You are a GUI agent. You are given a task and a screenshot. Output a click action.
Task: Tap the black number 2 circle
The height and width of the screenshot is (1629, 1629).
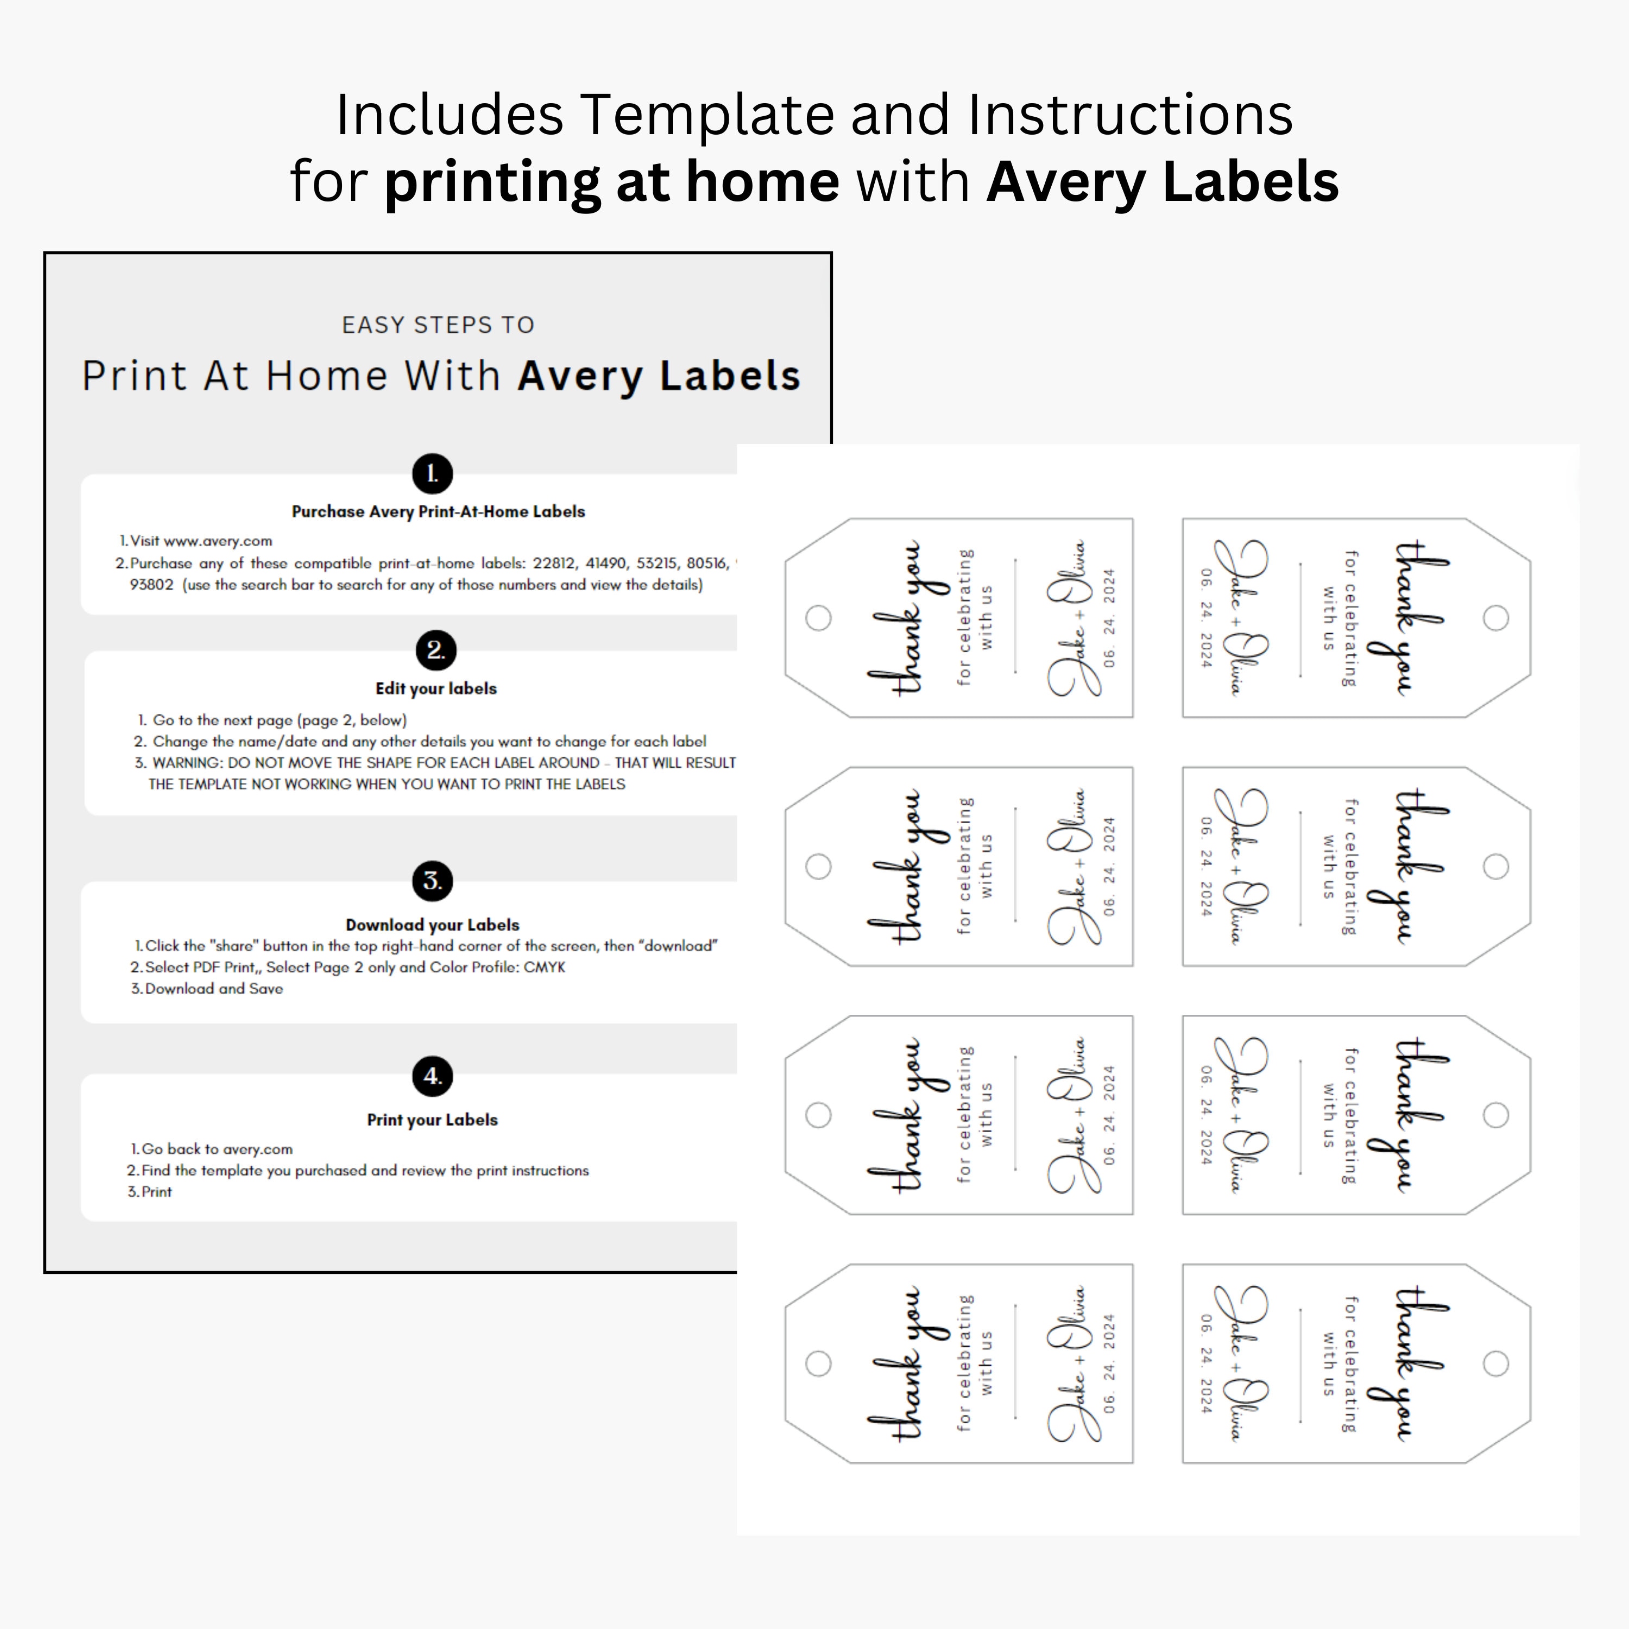(435, 650)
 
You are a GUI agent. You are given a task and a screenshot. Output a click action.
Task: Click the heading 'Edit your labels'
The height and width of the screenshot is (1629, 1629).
(436, 689)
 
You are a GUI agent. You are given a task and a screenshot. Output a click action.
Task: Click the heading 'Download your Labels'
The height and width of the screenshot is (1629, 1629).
(433, 925)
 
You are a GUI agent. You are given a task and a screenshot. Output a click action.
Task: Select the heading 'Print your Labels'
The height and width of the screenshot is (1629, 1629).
(433, 1120)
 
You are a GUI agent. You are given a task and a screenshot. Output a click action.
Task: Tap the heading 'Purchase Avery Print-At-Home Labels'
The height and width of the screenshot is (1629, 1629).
(438, 512)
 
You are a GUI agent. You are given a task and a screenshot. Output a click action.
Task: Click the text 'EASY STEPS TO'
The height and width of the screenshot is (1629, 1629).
(438, 325)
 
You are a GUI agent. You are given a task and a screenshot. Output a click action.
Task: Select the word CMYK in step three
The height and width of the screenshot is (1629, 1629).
(544, 967)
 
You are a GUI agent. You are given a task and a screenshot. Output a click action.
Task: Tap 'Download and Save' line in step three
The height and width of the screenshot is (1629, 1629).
(214, 989)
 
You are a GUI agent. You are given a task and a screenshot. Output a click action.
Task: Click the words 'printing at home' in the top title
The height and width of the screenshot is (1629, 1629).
(612, 182)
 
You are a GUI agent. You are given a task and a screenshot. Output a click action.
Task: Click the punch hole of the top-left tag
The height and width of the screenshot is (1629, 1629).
(818, 618)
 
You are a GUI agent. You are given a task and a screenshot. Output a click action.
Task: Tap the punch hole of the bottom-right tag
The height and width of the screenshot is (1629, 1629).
(1496, 1363)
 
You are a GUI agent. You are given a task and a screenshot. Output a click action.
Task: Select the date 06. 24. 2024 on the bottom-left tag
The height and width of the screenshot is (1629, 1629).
(1109, 1363)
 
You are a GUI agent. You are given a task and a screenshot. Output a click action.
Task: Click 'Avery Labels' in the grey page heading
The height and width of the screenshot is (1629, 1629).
(659, 376)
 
